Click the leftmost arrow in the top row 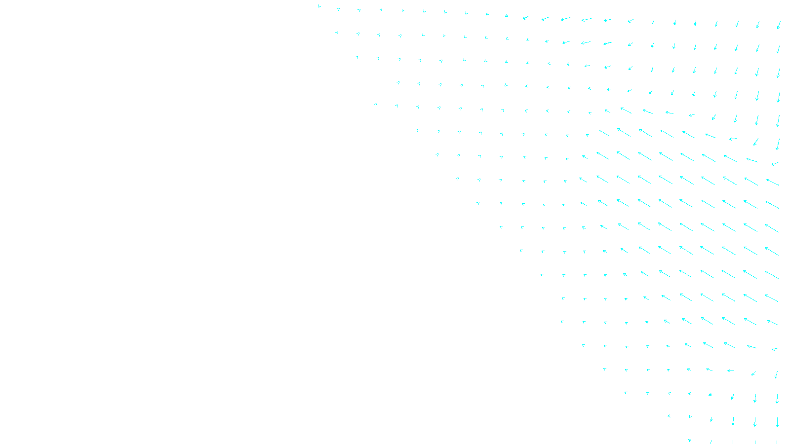319,6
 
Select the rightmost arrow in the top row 779,25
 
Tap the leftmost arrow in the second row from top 337,33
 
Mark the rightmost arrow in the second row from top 778,48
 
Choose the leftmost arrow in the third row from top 356,57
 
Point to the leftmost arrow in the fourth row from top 398,82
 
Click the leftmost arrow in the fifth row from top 376,105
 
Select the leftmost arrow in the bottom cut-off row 689,441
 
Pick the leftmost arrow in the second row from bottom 669,416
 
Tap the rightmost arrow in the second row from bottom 777,422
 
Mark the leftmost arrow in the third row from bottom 626,393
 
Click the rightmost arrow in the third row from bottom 777,398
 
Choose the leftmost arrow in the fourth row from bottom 604,369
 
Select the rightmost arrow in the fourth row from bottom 776,374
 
